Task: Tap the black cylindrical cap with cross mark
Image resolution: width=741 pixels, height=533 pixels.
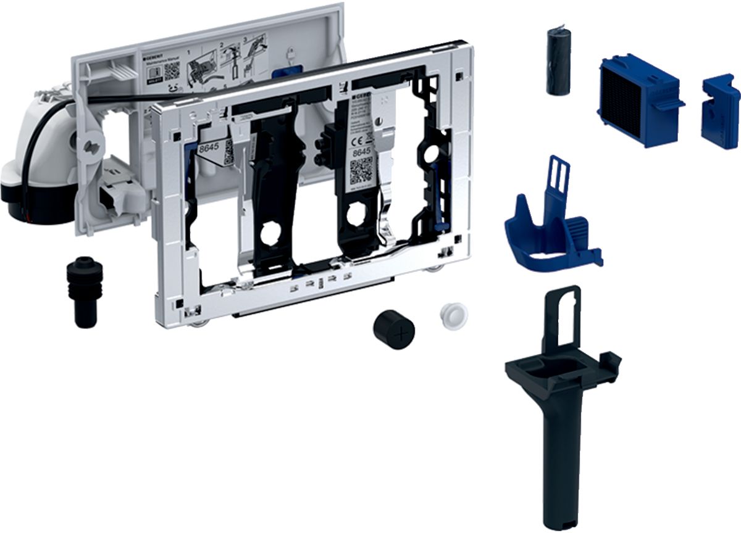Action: coord(394,330)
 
